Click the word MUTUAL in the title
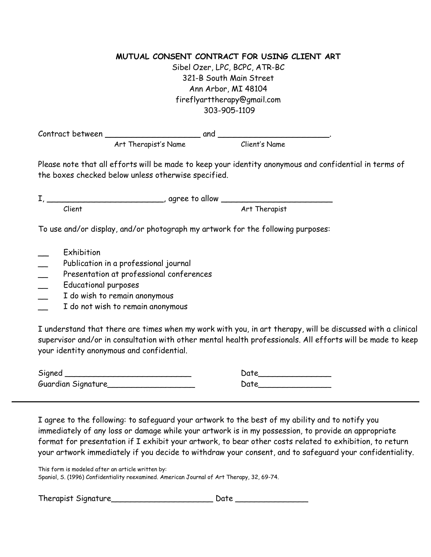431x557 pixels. click(x=132, y=56)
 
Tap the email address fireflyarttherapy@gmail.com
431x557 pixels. click(x=228, y=100)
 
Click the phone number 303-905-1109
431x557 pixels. click(x=229, y=110)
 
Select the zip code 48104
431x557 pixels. click(x=256, y=89)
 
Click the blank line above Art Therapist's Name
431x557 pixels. click(x=152, y=135)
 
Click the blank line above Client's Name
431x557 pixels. click(x=274, y=135)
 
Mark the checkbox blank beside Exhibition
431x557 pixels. click(x=43, y=254)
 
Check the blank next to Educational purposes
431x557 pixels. click(x=43, y=287)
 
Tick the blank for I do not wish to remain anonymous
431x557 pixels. click(x=43, y=308)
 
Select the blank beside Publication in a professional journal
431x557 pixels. click(x=43, y=265)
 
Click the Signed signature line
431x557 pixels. click(x=128, y=375)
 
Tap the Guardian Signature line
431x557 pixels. click(x=151, y=386)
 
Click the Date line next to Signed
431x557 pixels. click(x=294, y=375)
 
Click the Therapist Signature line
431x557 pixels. click(x=162, y=500)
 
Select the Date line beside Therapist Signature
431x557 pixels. click(x=272, y=500)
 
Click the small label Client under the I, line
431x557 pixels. click(x=73, y=209)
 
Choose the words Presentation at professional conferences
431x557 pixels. click(x=137, y=274)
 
